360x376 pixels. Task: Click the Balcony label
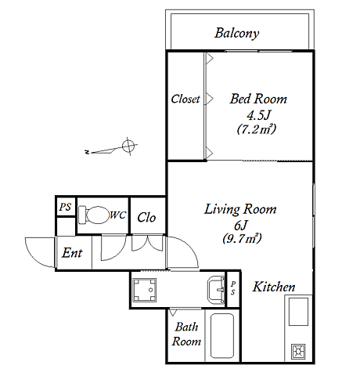[x=237, y=34]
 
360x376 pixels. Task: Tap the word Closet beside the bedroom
[x=185, y=99]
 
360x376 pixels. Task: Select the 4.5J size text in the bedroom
[x=258, y=115]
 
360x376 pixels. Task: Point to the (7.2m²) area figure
[x=257, y=129]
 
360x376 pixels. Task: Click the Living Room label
[x=240, y=209]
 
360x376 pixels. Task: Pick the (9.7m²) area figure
[x=242, y=238]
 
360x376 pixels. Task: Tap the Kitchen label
[x=274, y=287]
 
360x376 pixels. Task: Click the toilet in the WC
[x=94, y=215]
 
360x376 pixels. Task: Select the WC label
[x=118, y=215]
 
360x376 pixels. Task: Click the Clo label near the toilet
[x=146, y=217]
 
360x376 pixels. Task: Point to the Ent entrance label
[x=72, y=253]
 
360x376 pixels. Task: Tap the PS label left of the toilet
[x=65, y=207]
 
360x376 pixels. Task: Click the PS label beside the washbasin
[x=233, y=288]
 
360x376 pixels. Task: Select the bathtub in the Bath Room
[x=222, y=336]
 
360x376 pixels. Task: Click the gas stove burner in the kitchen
[x=298, y=352]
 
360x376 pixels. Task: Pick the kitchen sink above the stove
[x=298, y=312]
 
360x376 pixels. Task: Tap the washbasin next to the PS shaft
[x=216, y=290]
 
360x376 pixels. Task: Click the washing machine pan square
[x=144, y=290]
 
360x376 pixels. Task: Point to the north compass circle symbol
[x=128, y=146]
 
